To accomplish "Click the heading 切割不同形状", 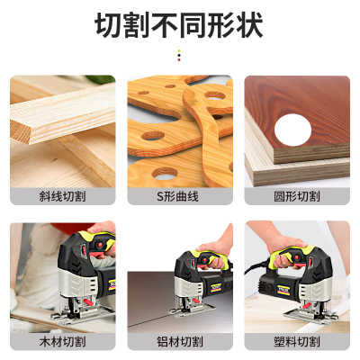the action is pos(179,25).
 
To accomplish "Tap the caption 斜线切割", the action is pos(62,196).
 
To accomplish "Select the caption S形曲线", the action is pos(177,196).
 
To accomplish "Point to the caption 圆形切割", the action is pos(297,196).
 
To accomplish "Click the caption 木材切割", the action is pos(62,342).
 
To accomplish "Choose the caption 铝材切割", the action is pos(180,342).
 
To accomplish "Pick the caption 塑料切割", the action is pos(297,342).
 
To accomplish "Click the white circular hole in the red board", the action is pos(292,130).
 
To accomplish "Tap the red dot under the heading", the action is pos(179,59).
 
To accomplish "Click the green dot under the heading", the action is pos(179,50).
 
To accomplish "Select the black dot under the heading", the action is pos(179,55).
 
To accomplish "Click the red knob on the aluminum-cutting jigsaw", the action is pos(196,301).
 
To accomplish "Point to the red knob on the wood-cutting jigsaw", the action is pos(87,301).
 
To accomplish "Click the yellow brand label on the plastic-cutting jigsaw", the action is pos(283,290).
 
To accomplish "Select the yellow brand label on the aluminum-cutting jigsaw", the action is pos(216,287).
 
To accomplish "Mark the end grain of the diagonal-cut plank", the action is pos(21,131).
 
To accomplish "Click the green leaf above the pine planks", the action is pos(101,79).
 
